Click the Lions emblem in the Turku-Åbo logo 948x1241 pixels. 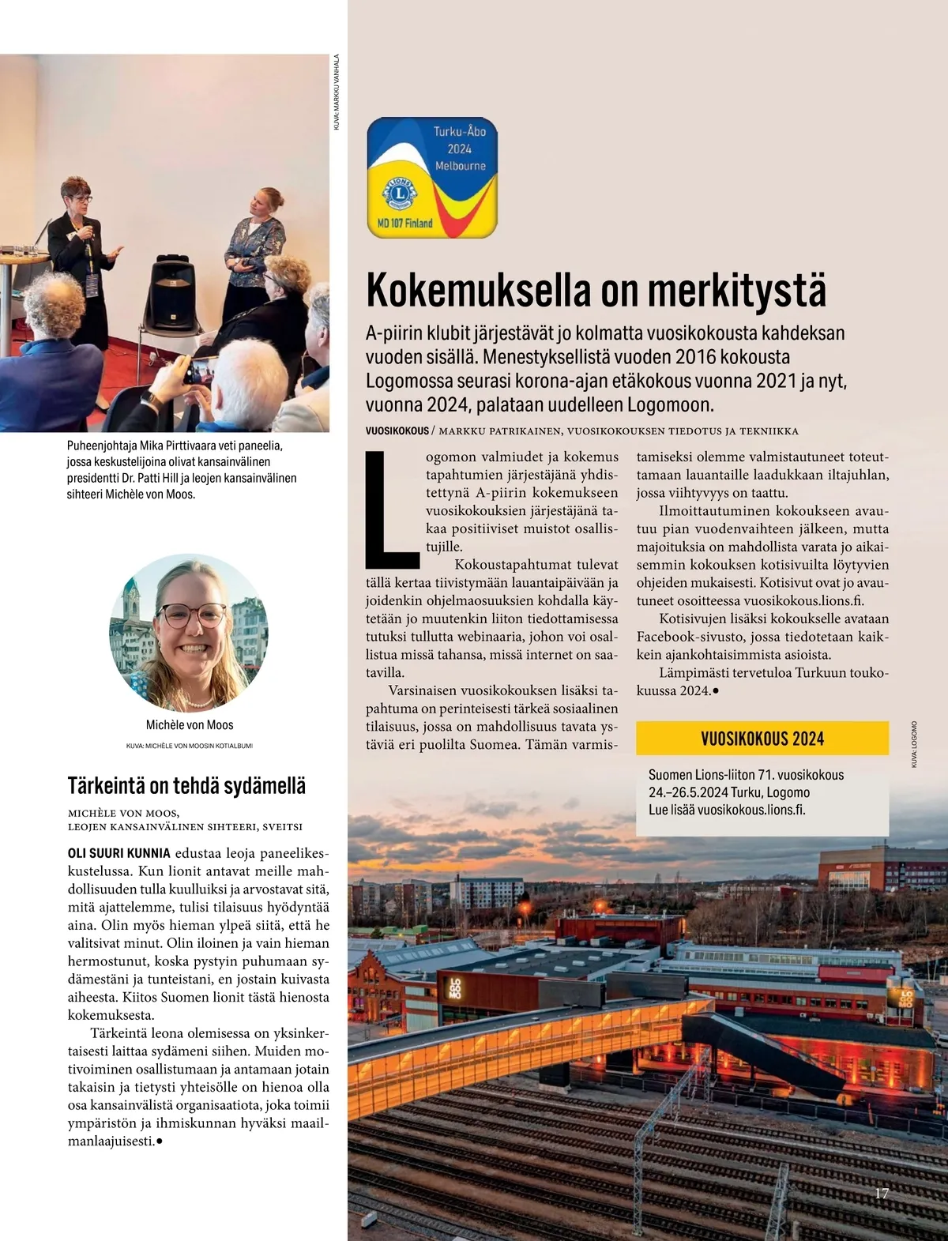click(x=401, y=193)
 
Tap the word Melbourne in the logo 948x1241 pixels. click(x=460, y=166)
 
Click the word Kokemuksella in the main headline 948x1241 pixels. click(x=480, y=290)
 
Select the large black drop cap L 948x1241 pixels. click(x=390, y=510)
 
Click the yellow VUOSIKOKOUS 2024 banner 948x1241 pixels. click(x=762, y=739)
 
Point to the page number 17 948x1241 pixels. click(x=881, y=1193)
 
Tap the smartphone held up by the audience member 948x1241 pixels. click(x=199, y=370)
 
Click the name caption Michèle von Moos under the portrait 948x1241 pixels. click(x=190, y=724)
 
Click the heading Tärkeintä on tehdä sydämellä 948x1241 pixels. click(x=186, y=786)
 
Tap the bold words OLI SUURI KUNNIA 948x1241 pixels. click(x=118, y=853)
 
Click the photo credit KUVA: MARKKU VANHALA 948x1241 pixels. click(x=336, y=92)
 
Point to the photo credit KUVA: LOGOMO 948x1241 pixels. click(x=913, y=744)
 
